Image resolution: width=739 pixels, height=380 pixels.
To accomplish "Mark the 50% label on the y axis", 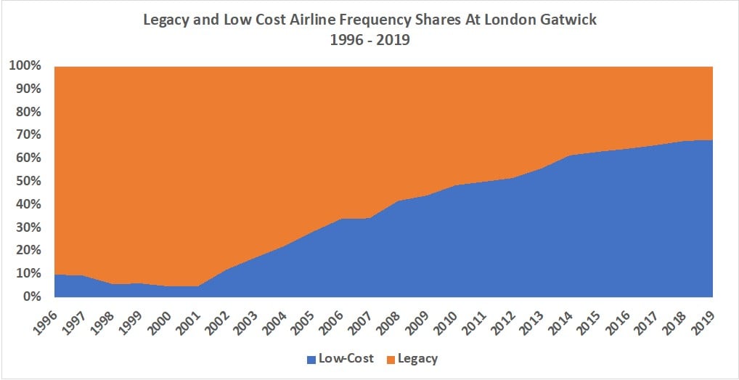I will pyautogui.click(x=26, y=181).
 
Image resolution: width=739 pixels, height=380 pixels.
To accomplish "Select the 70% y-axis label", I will pyautogui.click(x=26, y=135).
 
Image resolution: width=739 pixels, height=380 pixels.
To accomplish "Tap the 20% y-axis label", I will pyautogui.click(x=26, y=250).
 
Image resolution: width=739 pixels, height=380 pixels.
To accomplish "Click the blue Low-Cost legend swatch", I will pyautogui.click(x=311, y=359).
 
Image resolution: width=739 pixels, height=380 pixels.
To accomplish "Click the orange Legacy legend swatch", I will pyautogui.click(x=388, y=359).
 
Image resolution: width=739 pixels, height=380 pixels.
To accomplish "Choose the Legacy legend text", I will pyautogui.click(x=417, y=359).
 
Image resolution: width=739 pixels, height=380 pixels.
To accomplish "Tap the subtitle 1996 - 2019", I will pyautogui.click(x=369, y=40).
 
